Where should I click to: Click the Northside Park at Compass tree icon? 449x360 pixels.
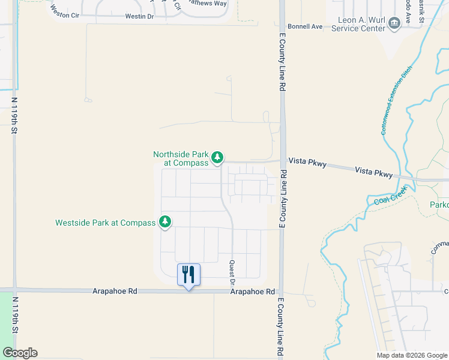(217, 158)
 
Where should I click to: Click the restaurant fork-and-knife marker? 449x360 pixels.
(188, 275)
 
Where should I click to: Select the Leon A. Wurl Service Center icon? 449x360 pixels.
(394, 23)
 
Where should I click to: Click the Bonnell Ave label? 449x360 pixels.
(305, 26)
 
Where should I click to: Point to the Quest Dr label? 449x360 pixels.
(232, 272)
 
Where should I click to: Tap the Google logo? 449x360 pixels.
(19, 353)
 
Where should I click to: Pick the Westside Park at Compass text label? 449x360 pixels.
(105, 223)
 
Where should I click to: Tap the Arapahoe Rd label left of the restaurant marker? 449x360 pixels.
(115, 291)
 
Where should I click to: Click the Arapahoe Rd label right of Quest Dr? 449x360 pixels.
(253, 292)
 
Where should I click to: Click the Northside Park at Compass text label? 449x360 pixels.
(181, 158)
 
